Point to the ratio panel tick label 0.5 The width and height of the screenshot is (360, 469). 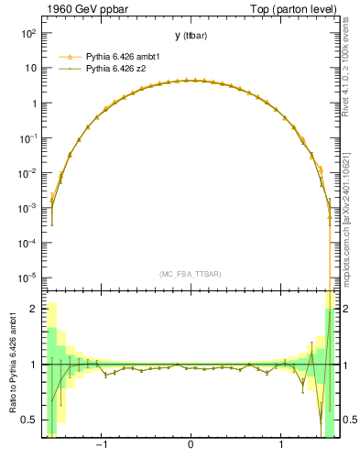[29, 420]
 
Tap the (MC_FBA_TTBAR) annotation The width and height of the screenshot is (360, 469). [190, 274]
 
